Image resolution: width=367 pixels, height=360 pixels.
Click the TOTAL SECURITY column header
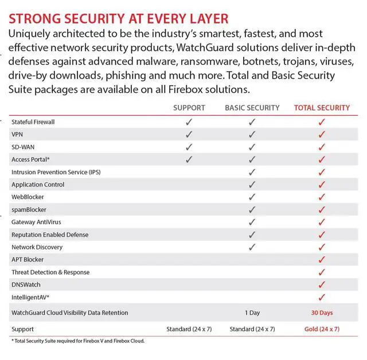322,107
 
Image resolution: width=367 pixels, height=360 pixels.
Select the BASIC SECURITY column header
252,107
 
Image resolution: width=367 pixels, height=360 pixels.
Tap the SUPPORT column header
189,107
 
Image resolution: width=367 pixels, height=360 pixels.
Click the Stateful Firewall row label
33,122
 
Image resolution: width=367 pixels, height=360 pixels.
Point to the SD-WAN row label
23,147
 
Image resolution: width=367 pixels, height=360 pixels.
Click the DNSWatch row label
26,285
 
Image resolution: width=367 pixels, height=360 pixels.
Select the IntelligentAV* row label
30,298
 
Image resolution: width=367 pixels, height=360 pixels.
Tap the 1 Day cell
252,313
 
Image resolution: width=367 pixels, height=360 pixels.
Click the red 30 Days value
322,313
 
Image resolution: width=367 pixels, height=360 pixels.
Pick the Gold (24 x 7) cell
322,329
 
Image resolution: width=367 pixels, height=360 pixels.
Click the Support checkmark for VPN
189,135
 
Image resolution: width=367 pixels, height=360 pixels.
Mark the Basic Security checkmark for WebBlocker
252,197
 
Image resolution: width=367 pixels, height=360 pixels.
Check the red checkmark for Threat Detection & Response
322,272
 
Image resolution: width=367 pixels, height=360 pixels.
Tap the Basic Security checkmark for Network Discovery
252,247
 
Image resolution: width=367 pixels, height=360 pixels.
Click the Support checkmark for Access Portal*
189,159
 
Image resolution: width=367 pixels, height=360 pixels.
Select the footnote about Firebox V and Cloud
77,341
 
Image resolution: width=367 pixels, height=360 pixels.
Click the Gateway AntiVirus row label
36,222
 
